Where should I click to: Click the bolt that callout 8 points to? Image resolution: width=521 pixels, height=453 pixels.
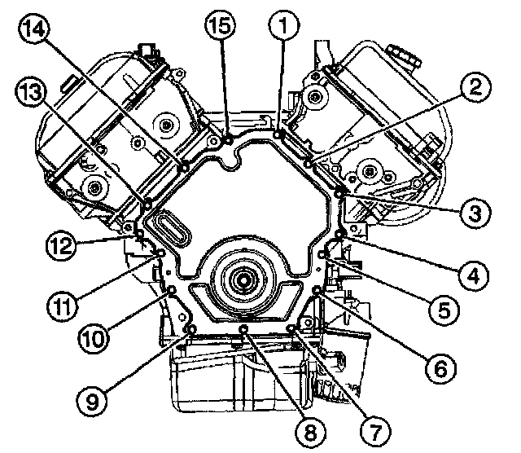pyautogui.click(x=243, y=328)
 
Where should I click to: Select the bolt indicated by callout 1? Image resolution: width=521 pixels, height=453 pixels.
pyautogui.click(x=278, y=134)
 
